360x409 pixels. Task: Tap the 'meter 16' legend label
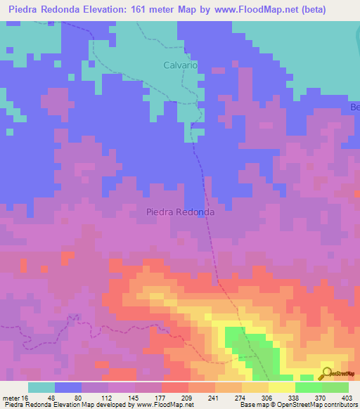(x=15, y=397)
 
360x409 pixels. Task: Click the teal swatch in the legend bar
(x=41, y=387)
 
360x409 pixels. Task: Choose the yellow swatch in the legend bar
(x=281, y=387)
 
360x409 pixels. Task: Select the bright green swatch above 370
(x=308, y=387)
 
